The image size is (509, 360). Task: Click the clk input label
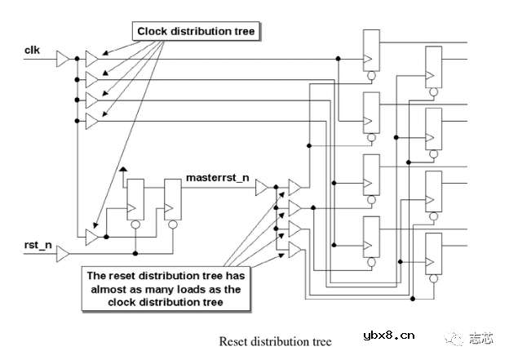33,50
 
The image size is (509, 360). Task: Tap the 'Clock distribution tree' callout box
196,32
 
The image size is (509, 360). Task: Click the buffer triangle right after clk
63,58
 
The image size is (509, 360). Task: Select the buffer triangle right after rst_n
63,254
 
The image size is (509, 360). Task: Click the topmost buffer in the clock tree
92,58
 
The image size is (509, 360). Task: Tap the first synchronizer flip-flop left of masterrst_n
135,199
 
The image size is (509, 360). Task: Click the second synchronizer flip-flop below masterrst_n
172,199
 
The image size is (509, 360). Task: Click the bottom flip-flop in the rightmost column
434,255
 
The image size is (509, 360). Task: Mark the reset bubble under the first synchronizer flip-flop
135,224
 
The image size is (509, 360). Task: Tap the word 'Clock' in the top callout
153,32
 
